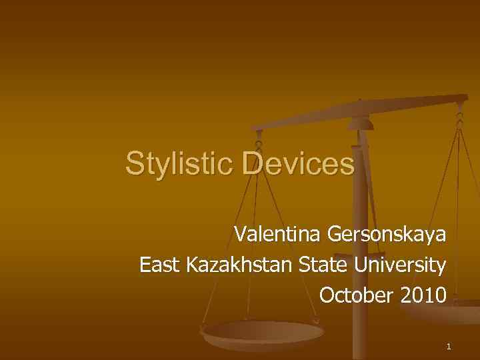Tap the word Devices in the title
(x=298, y=164)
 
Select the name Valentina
(x=277, y=235)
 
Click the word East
(x=160, y=265)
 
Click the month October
(x=357, y=295)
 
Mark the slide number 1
(x=449, y=347)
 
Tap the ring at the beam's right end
(x=460, y=115)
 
